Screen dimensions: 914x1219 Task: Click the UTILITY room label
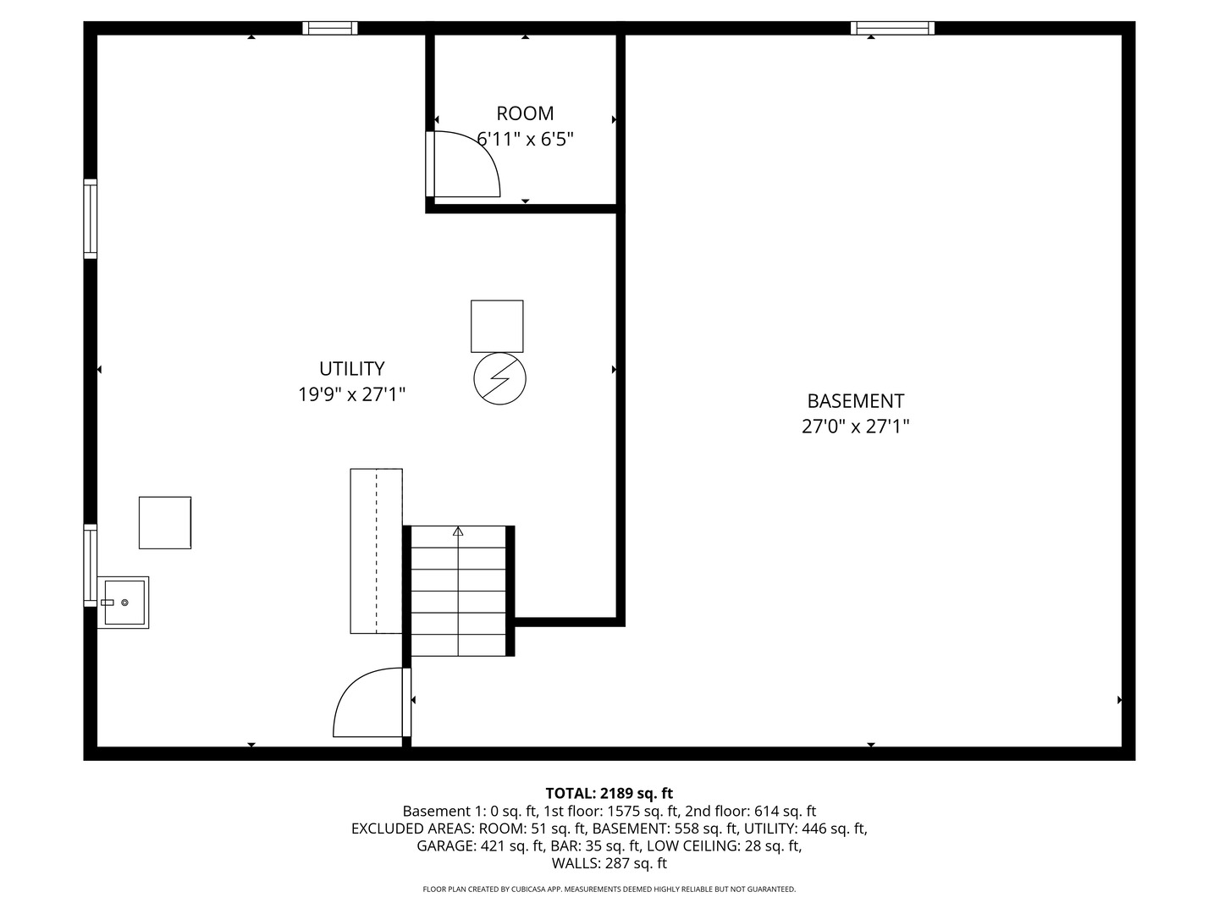click(351, 369)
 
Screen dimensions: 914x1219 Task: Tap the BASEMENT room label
click(855, 401)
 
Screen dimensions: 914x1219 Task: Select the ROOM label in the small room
click(525, 113)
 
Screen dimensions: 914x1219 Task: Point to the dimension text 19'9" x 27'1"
click(351, 394)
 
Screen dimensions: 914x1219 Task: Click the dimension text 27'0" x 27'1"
click(855, 427)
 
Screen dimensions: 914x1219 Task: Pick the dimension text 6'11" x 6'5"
click(525, 140)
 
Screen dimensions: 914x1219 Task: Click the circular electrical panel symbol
click(499, 378)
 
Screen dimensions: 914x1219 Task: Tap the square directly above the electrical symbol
click(497, 326)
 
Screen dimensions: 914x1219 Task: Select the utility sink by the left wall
click(124, 603)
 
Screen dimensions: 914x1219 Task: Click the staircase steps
click(458, 592)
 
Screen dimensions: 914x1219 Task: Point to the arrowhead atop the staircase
click(458, 531)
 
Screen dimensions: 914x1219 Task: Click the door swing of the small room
click(466, 165)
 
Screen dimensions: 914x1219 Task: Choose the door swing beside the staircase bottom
click(369, 703)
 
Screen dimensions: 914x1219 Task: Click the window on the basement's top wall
click(892, 28)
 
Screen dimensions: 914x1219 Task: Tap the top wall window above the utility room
click(330, 28)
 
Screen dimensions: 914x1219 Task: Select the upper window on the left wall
click(90, 218)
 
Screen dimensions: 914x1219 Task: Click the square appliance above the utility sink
click(165, 522)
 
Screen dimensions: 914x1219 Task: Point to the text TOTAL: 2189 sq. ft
click(609, 794)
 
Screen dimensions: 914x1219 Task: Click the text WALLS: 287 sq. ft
click(609, 863)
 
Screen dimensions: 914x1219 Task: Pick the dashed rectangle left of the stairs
click(376, 551)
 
